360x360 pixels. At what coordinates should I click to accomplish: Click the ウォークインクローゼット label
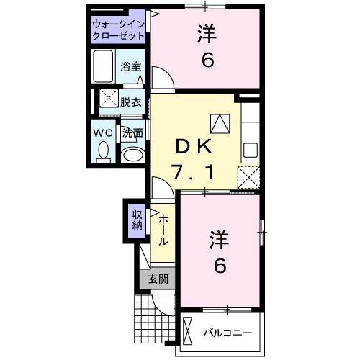pyautogui.click(x=118, y=30)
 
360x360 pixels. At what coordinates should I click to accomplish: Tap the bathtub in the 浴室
pyautogui.click(x=103, y=66)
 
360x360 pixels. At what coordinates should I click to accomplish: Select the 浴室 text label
pyautogui.click(x=130, y=66)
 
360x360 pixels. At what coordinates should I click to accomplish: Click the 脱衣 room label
pyautogui.click(x=130, y=102)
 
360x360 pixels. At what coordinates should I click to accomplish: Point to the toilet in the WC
pyautogui.click(x=104, y=152)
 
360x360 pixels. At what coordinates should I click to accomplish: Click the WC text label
pyautogui.click(x=103, y=132)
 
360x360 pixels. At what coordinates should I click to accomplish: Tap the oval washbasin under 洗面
pyautogui.click(x=133, y=156)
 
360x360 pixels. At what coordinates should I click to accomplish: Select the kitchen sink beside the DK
pyautogui.click(x=251, y=150)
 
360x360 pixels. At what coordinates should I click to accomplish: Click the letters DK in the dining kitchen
pyautogui.click(x=194, y=146)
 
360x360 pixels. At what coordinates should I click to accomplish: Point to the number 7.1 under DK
pyautogui.click(x=193, y=173)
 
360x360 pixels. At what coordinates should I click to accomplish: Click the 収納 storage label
pyautogui.click(x=138, y=220)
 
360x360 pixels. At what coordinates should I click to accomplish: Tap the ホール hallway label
pyautogui.click(x=163, y=230)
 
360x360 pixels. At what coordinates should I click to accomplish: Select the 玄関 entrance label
pyautogui.click(x=158, y=279)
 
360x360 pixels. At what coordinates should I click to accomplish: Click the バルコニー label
pyautogui.click(x=228, y=333)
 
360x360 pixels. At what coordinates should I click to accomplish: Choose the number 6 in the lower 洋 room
pyautogui.click(x=220, y=266)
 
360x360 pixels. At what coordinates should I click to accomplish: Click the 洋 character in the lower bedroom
pyautogui.click(x=220, y=240)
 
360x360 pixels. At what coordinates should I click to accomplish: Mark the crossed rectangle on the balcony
pyautogui.click(x=188, y=331)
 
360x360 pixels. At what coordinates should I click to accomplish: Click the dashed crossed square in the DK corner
pyautogui.click(x=248, y=177)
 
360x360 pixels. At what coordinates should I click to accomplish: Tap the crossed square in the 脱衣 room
pyautogui.click(x=109, y=98)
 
